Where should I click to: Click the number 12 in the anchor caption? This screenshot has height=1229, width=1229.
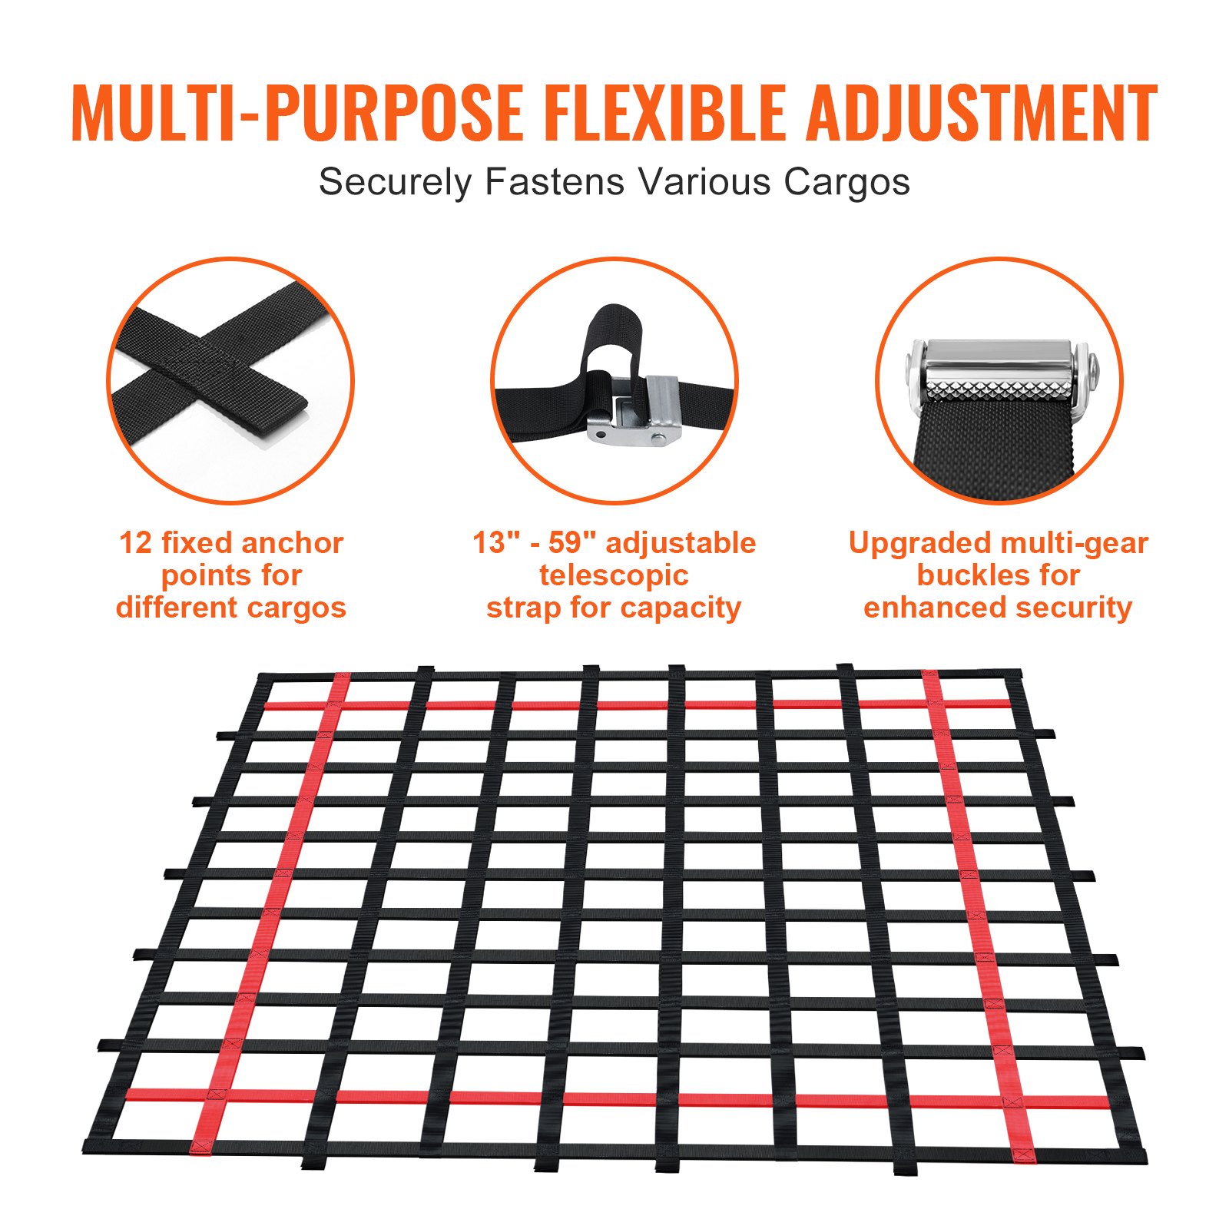tap(136, 543)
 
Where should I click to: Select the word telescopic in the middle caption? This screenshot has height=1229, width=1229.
tap(614, 575)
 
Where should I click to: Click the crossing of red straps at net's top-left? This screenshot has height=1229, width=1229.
tap(336, 704)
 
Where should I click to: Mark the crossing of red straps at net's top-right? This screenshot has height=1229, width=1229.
tap(933, 703)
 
